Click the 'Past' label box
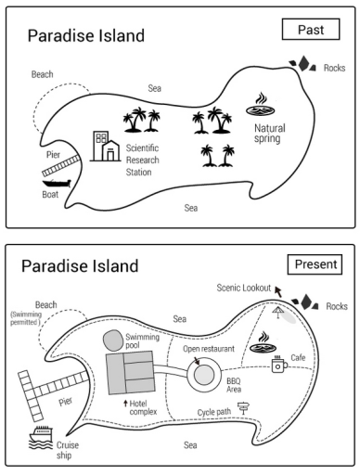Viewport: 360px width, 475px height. (x=311, y=30)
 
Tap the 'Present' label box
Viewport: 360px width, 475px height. (x=315, y=264)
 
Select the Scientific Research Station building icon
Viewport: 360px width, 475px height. (x=105, y=146)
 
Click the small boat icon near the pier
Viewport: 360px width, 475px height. (x=57, y=184)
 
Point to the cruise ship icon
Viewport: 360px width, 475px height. (x=41, y=437)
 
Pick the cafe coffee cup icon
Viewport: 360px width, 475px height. (x=279, y=364)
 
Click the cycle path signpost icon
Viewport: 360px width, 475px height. (x=244, y=408)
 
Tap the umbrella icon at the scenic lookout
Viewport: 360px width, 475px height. (x=277, y=312)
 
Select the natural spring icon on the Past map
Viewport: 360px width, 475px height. (x=261, y=104)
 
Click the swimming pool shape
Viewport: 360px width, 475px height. (x=112, y=340)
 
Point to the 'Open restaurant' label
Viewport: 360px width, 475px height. (x=209, y=349)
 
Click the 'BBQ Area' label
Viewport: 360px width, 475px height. (x=234, y=385)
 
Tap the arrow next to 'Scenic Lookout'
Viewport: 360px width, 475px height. (x=278, y=291)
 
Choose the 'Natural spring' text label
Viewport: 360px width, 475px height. (x=270, y=134)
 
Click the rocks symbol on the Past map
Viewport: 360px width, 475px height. (x=302, y=63)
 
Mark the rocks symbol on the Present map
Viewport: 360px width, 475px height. (x=305, y=302)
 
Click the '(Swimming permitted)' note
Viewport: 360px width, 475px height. (x=26, y=318)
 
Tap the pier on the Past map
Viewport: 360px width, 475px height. (x=61, y=166)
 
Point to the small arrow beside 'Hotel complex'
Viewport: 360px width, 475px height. (x=125, y=403)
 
